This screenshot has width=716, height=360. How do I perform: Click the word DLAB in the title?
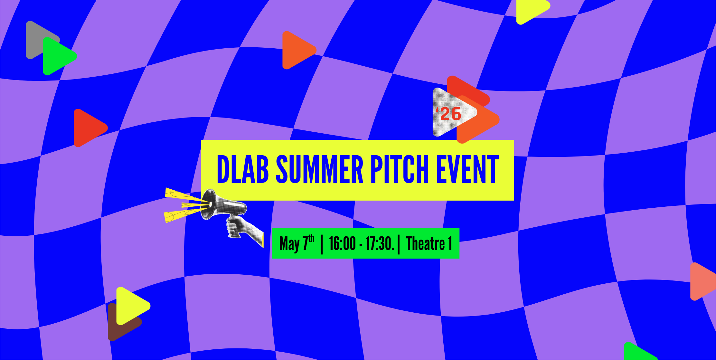coord(243,169)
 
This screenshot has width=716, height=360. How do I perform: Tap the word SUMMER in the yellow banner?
coord(320,169)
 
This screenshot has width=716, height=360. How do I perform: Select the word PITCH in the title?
coord(400,169)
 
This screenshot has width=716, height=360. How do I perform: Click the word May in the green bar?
coord(289,244)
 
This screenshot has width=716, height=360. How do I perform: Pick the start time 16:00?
coord(343,243)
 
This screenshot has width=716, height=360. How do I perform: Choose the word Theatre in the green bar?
coord(425,243)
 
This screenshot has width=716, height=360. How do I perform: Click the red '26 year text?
coord(448,114)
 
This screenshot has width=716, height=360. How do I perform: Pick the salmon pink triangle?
coord(703,281)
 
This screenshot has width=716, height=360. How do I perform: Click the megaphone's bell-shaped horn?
coord(208,204)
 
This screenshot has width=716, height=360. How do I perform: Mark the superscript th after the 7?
coord(311,239)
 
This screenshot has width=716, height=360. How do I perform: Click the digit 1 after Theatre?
coord(450,243)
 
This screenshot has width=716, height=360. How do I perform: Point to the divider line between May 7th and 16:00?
coord(322,244)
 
